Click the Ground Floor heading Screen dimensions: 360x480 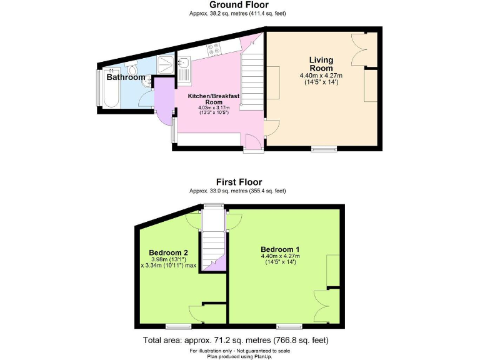coord(239,5)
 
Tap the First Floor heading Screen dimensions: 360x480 coord(239,182)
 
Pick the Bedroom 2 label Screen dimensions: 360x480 coord(167,252)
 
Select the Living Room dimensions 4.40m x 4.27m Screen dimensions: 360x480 coord(321,79)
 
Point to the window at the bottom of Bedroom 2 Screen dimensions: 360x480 coord(178,326)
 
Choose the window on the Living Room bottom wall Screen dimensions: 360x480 coord(324,149)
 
